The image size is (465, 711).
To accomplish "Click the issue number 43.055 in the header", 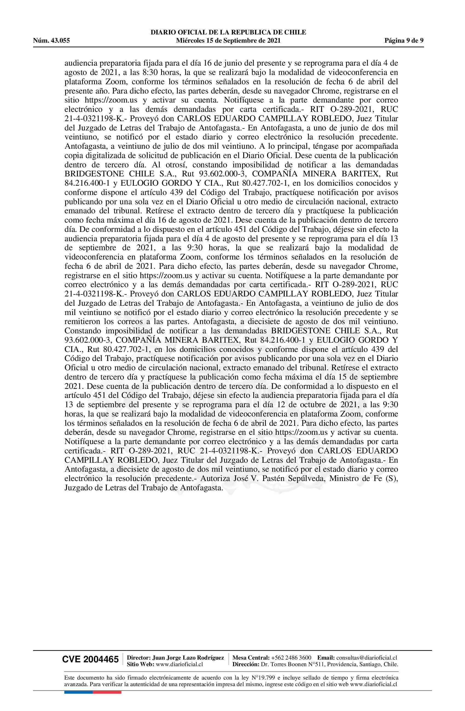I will point(60,41).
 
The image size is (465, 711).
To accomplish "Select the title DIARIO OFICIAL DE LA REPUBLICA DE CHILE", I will point(228,32).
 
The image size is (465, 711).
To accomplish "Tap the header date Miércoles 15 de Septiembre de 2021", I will point(228,41).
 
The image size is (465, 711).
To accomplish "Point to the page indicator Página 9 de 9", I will point(404,41).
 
